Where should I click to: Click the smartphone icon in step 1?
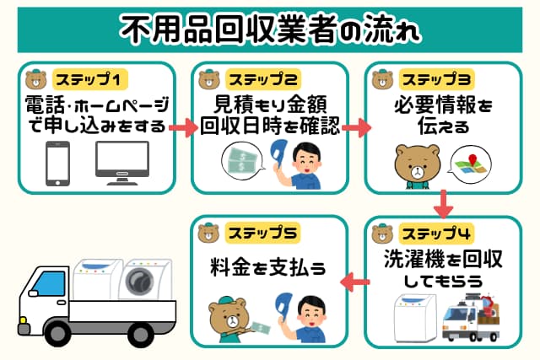click(57, 162)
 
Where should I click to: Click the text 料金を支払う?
click(269, 271)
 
